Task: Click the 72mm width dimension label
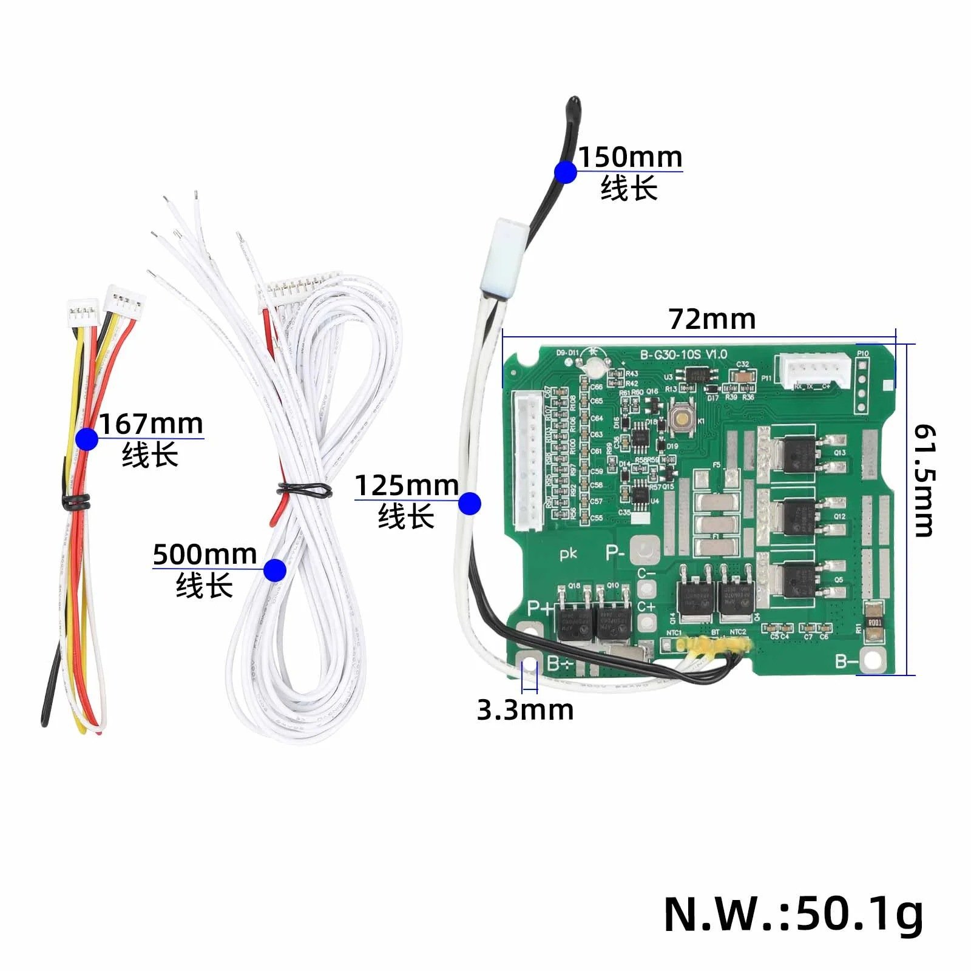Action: tap(712, 319)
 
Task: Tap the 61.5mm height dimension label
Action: tap(924, 481)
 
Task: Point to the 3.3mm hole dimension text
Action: tap(525, 709)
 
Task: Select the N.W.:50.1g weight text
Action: tap(793, 914)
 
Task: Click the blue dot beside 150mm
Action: tap(566, 172)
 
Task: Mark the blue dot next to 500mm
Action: tap(275, 570)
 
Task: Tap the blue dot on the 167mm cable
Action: tap(87, 438)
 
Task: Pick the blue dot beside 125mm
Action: tap(470, 503)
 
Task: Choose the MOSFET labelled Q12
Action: tap(799, 517)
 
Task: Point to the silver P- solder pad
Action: tap(645, 551)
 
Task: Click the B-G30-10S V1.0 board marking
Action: tap(683, 354)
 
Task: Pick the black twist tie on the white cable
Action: tap(304, 489)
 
